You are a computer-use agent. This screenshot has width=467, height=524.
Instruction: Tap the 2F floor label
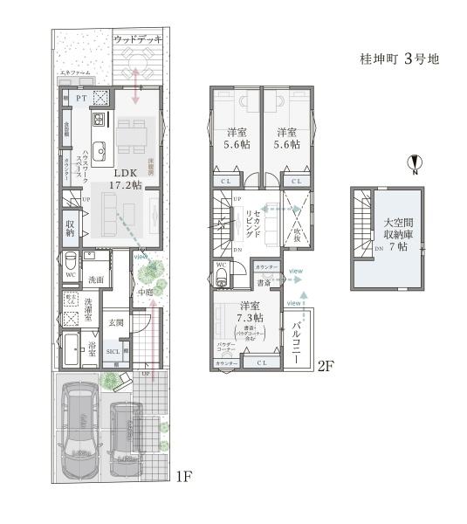325,368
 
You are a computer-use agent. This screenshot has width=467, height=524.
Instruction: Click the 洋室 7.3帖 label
250,312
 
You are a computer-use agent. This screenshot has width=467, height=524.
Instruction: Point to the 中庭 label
145,293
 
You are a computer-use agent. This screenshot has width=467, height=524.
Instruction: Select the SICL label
113,352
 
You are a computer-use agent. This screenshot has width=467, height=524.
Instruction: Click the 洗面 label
96,279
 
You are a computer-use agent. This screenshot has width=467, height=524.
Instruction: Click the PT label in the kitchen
80,100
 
